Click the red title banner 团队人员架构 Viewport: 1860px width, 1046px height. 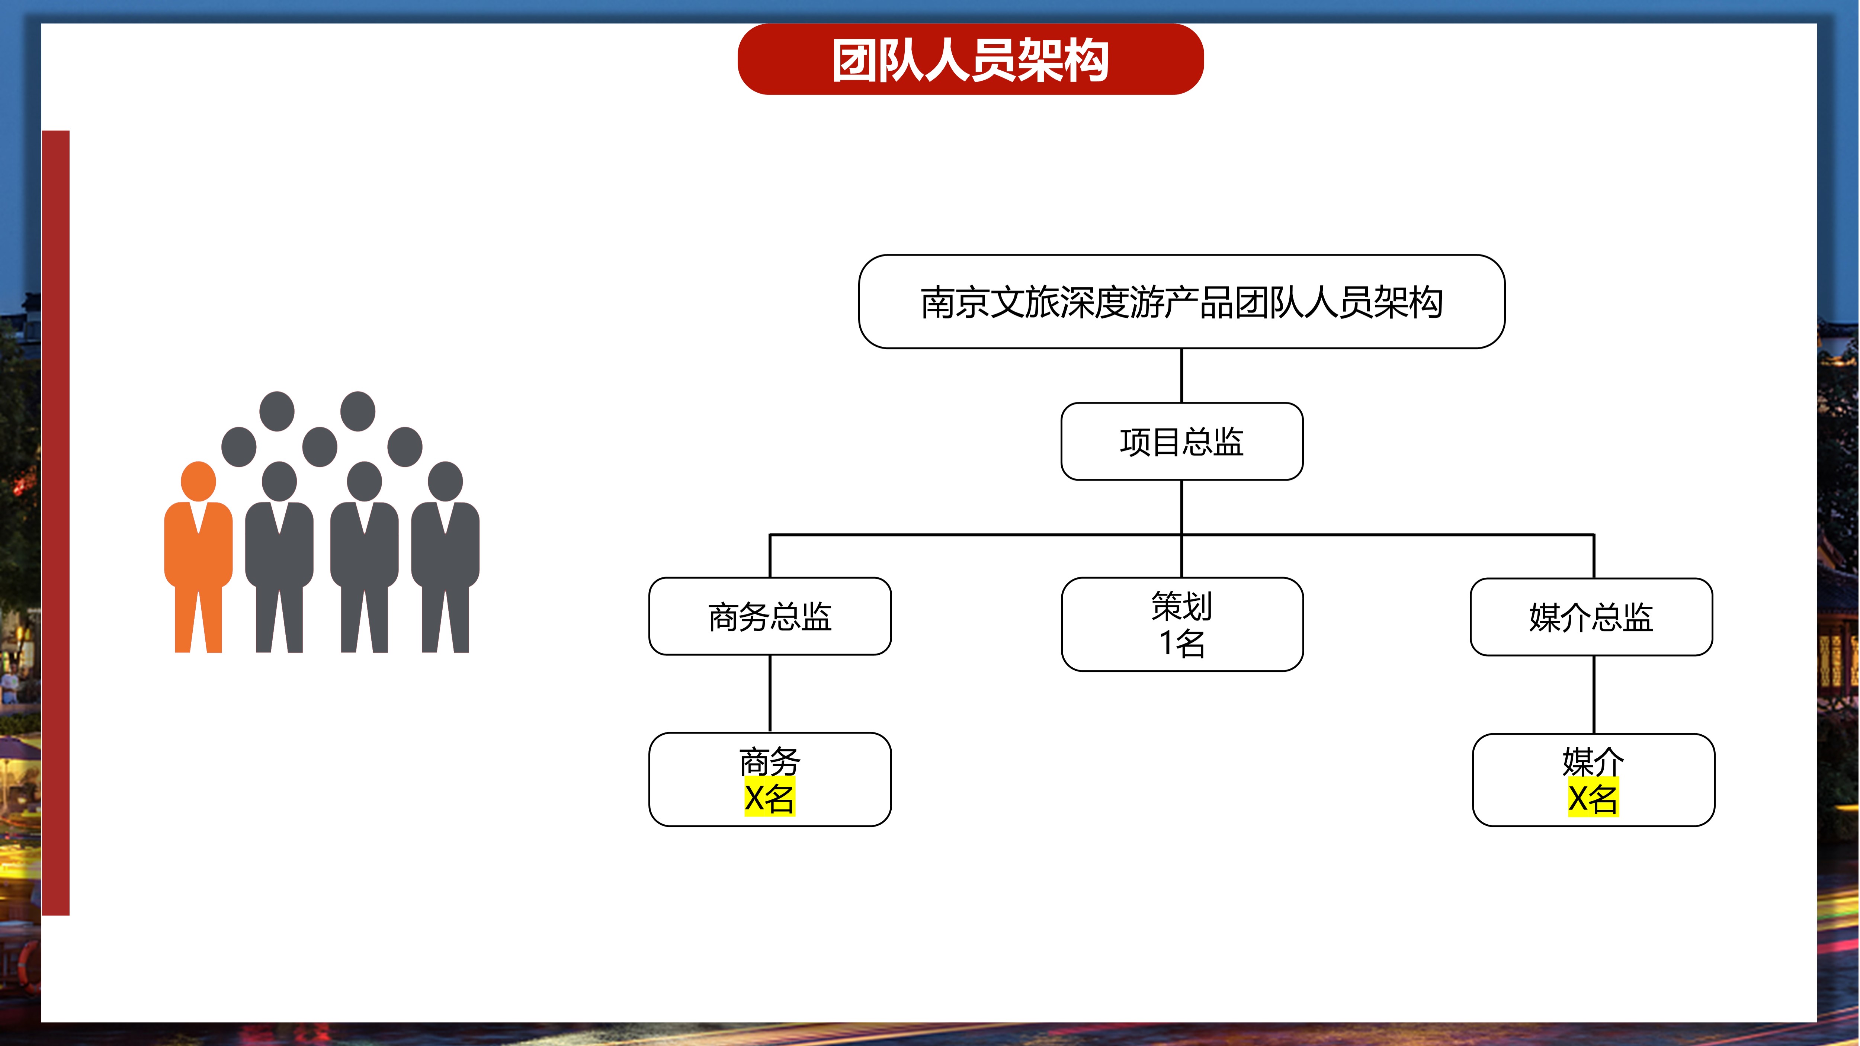(x=971, y=59)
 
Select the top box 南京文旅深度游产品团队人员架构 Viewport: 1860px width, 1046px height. (x=1181, y=302)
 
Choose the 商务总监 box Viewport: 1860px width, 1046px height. (x=770, y=616)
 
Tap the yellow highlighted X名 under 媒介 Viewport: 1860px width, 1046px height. (x=1593, y=798)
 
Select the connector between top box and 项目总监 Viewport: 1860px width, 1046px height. (x=1181, y=375)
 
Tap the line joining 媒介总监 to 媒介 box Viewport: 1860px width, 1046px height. (x=1594, y=694)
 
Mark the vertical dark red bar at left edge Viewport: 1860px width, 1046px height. (x=55, y=523)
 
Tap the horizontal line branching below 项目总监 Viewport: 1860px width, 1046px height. (x=1181, y=535)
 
